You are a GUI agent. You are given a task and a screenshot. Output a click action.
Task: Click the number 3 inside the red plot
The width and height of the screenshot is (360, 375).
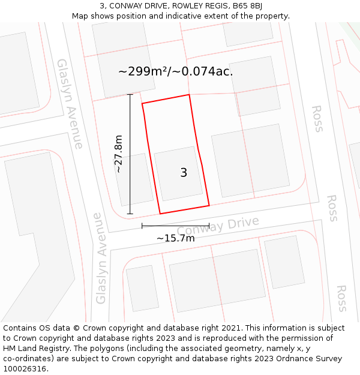pos(184,173)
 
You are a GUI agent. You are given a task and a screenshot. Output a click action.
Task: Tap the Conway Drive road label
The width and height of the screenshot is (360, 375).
pos(218,226)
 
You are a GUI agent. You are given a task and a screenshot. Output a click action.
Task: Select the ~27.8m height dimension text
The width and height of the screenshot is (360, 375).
pos(119,154)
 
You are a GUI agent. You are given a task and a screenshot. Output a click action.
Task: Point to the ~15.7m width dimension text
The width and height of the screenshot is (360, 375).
pos(175,238)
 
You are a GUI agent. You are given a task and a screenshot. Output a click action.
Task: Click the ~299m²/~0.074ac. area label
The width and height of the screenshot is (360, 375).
pos(175,71)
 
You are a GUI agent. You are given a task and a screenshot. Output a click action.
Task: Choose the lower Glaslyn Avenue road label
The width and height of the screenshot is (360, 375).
pos(100,258)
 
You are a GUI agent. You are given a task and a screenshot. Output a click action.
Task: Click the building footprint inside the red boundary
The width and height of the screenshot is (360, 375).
pos(178,173)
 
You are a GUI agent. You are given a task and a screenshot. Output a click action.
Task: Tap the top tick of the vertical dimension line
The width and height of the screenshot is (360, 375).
pos(130,95)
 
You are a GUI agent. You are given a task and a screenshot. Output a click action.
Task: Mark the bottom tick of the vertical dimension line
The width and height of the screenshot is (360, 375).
pos(130,214)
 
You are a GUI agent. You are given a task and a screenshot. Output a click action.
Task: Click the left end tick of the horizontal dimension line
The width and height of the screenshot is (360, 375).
pos(142,226)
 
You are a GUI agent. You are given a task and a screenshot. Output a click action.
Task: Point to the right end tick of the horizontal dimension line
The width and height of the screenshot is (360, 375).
pos(209,226)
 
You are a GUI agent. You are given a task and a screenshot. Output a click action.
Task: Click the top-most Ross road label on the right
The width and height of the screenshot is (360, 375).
pos(317,118)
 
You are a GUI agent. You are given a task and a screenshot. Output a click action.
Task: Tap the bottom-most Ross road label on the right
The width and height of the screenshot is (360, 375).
pos(341,298)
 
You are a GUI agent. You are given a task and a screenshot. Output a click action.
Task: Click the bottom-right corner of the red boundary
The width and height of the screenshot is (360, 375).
pos(209,206)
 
